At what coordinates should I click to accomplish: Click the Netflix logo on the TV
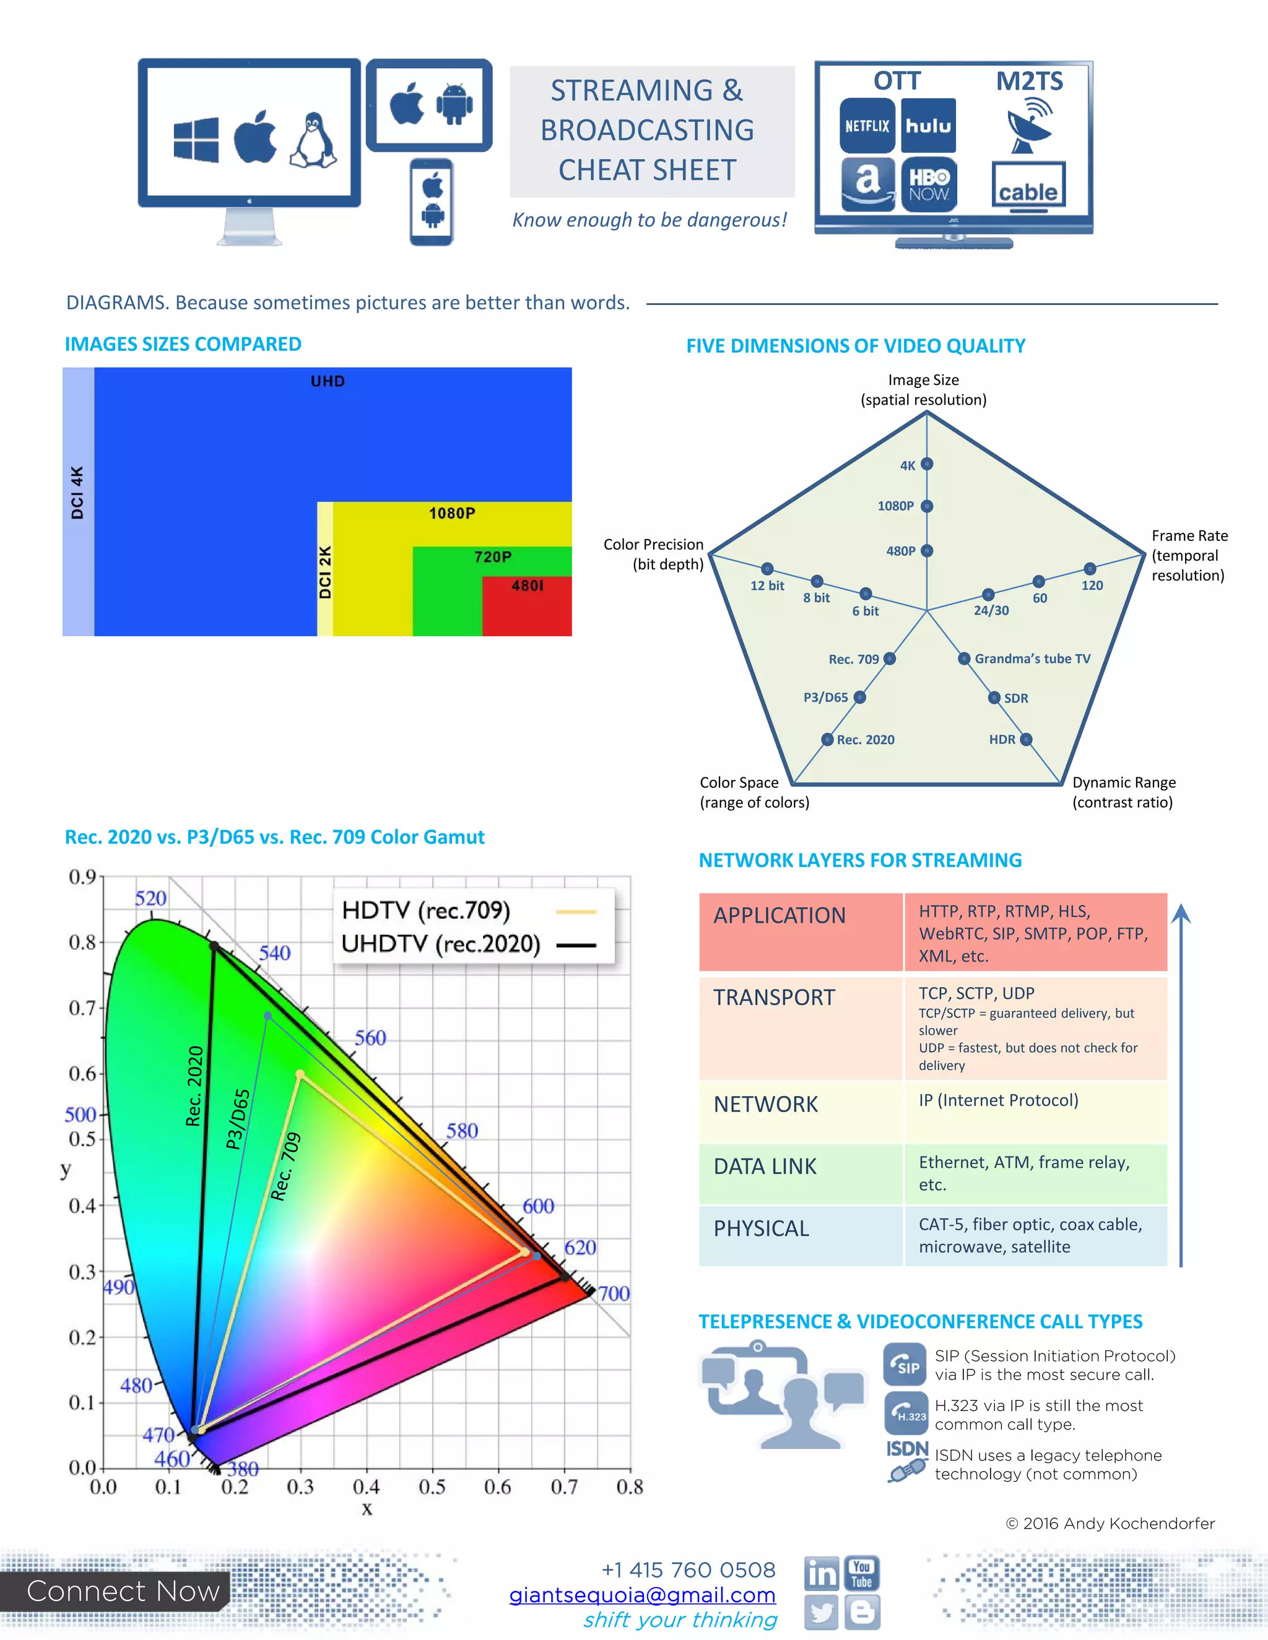tap(867, 126)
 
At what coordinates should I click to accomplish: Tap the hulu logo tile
tap(929, 126)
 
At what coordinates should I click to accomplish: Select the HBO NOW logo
tap(929, 184)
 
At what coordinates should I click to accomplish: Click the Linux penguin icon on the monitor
tap(313, 140)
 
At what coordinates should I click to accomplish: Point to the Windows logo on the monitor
tap(196, 140)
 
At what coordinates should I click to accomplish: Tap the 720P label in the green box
tap(493, 556)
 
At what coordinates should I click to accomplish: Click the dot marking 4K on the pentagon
tap(927, 464)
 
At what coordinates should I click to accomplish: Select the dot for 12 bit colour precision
tap(767, 569)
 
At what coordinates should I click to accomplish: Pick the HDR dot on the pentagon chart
tap(1026, 740)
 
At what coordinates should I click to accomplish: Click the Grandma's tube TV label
tap(1032, 658)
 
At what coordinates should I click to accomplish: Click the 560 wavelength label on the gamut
tap(370, 1038)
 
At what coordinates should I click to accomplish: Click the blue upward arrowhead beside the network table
tap(1181, 914)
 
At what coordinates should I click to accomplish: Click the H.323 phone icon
tap(906, 1412)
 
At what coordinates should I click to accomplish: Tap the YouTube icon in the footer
tap(862, 1573)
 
